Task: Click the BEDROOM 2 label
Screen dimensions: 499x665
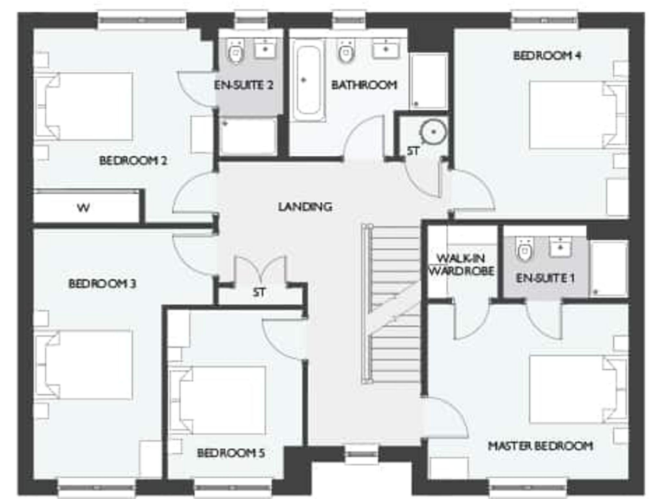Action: (x=132, y=160)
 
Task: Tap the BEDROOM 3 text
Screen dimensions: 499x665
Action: (x=102, y=283)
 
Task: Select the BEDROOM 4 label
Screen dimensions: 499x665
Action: (x=546, y=55)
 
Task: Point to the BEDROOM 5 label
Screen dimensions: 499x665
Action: (x=230, y=452)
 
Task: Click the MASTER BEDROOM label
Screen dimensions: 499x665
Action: (x=540, y=445)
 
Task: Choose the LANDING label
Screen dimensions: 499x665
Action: (x=305, y=206)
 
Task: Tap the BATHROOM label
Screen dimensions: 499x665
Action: (x=364, y=85)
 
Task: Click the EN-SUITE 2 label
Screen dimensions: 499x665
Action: (x=244, y=85)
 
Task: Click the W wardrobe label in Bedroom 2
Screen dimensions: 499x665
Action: (x=83, y=208)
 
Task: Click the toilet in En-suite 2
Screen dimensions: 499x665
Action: (x=236, y=54)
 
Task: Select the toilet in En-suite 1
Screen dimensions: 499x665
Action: (x=524, y=249)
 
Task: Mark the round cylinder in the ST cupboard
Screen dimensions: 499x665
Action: (x=430, y=132)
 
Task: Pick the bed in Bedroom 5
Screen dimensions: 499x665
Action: (x=220, y=399)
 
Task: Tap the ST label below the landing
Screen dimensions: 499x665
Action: (x=259, y=292)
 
